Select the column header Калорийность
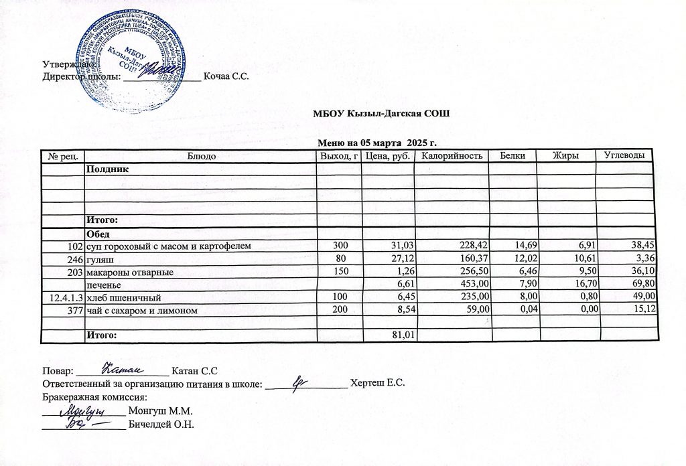click(x=451, y=156)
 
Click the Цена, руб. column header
click(x=387, y=156)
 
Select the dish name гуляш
click(x=98, y=259)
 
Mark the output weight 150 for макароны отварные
click(x=341, y=272)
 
